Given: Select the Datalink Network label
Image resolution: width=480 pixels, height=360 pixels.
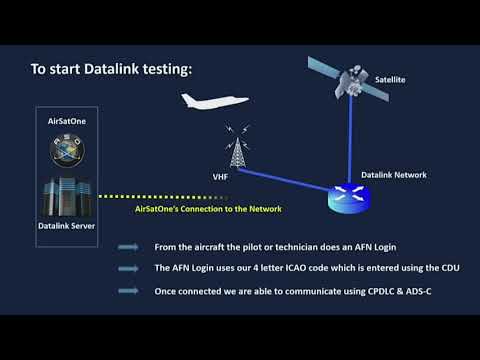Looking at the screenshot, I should [x=393, y=175].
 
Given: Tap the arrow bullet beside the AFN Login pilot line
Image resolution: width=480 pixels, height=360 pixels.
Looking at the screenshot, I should [x=128, y=247].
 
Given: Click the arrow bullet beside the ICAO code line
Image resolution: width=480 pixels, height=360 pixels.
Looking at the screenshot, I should [x=128, y=268].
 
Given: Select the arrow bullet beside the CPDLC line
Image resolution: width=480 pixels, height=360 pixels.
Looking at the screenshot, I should [x=128, y=290].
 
